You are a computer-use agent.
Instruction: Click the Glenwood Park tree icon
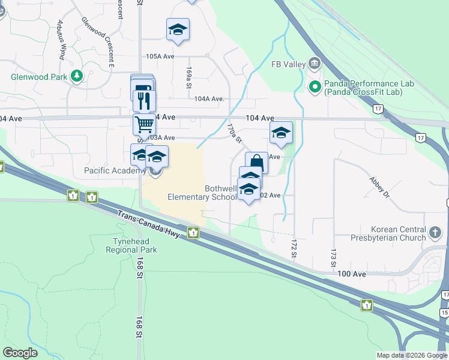pos(76,76)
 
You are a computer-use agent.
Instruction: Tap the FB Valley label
pos(285,64)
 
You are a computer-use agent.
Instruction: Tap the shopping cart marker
pos(144,125)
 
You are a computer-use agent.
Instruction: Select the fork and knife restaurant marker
pos(144,100)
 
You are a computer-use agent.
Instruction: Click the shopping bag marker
pos(256,162)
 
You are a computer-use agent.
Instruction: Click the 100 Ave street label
pos(351,274)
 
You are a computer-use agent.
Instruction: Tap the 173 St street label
pos(332,259)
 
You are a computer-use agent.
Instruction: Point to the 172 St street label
pos(294,250)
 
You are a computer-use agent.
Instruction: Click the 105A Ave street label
pos(160,56)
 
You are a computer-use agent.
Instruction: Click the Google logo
pos(20,353)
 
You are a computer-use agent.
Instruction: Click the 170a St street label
pos(234,133)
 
